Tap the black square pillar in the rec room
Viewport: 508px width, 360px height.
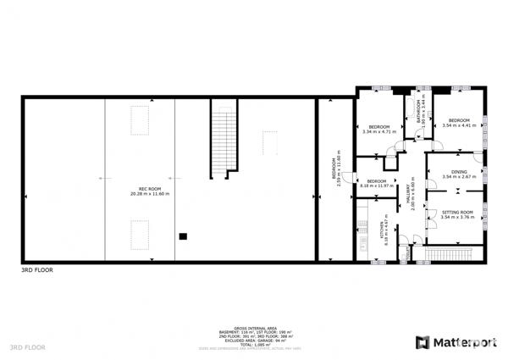point(181,237)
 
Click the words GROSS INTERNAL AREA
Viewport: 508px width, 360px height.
point(254,325)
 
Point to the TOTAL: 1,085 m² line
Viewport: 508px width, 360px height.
point(254,343)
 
